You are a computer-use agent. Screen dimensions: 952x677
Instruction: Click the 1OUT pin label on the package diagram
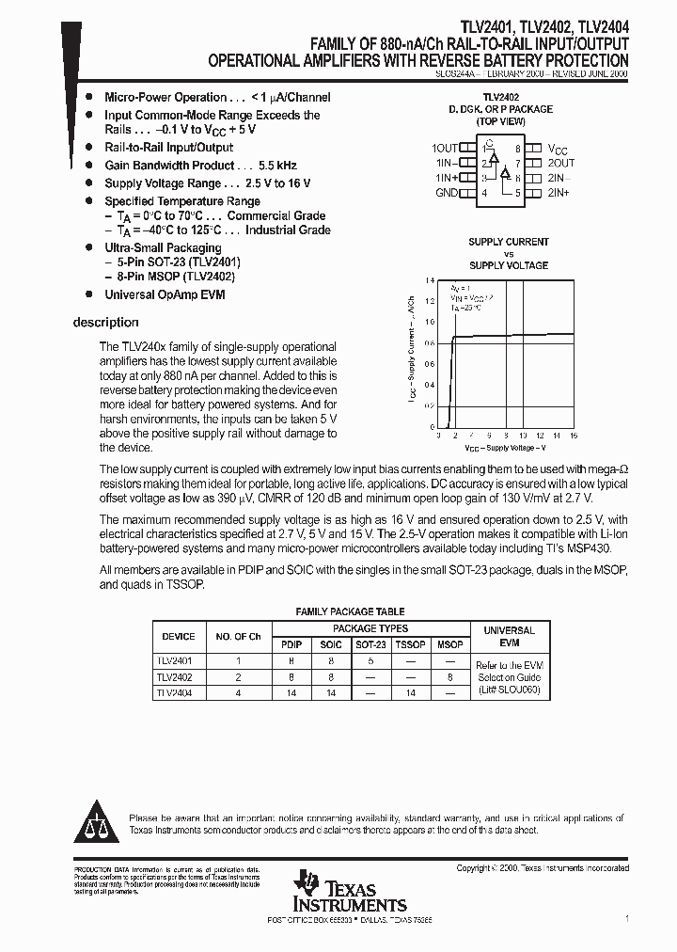tap(445, 149)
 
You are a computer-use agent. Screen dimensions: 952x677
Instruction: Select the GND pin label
tap(447, 193)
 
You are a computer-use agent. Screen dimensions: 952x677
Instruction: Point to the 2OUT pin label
tap(560, 163)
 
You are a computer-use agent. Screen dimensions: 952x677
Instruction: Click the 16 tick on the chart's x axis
tap(573, 436)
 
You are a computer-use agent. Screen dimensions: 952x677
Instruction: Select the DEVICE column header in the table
tap(179, 637)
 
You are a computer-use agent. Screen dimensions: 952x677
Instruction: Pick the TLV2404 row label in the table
tap(174, 692)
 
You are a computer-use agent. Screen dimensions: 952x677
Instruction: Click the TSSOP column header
tap(409, 645)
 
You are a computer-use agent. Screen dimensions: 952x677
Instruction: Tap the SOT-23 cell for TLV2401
tap(369, 661)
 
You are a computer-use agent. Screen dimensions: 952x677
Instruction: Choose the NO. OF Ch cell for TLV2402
tap(238, 676)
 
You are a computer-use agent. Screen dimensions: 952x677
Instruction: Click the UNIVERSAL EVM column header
tap(509, 637)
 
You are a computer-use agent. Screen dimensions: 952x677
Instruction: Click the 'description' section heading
tap(105, 323)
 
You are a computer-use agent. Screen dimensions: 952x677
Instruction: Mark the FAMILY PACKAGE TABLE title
tap(351, 611)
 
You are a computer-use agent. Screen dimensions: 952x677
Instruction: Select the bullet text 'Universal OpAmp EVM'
tap(165, 294)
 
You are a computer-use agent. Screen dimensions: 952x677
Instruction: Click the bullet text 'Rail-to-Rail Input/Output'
tap(168, 148)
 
